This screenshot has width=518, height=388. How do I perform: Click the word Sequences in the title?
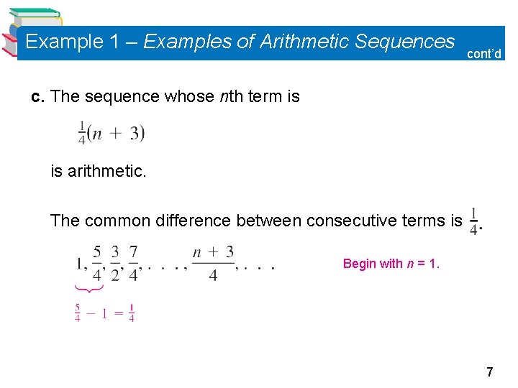[406, 42]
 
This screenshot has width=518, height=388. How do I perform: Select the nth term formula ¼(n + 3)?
[112, 133]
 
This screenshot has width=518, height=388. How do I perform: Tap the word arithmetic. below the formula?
[96, 171]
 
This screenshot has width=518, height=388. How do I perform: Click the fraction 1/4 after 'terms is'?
[473, 220]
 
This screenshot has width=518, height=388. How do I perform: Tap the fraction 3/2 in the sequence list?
[115, 263]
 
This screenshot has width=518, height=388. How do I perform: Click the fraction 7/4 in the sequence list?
[133, 263]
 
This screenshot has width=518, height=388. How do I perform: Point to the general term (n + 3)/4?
[213, 263]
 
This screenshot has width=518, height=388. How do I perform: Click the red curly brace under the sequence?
[89, 287]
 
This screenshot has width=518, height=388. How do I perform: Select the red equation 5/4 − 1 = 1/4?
[105, 313]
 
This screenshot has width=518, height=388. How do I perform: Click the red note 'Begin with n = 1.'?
[391, 264]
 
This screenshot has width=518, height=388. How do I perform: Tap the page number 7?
[490, 372]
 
